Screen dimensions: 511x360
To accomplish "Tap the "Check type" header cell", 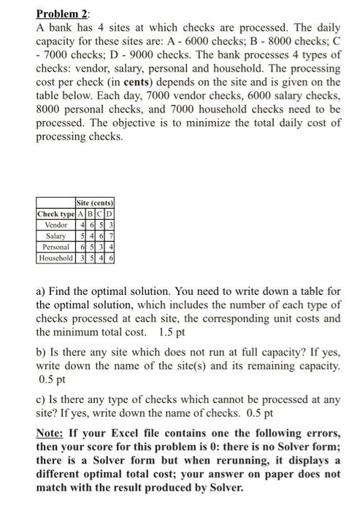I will point(55,213).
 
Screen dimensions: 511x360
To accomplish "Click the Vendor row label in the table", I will point(55,225).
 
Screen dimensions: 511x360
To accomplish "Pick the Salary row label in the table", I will point(55,237).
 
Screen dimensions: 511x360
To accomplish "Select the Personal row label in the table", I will point(55,247).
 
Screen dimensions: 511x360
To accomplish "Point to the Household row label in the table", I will point(55,258).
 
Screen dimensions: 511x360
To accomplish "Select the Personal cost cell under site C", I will point(102,247).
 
